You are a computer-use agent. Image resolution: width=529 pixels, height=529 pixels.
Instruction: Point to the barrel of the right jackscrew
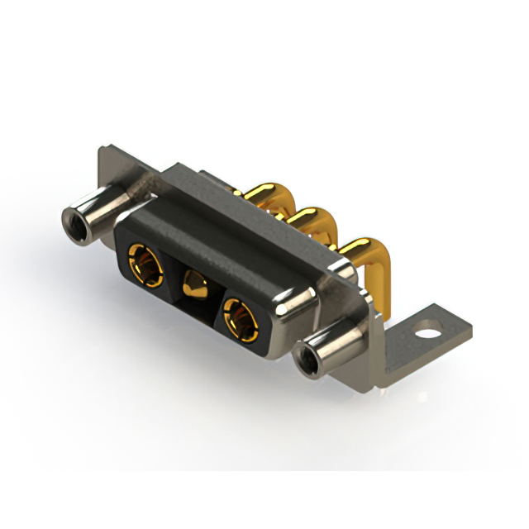[335, 347]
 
